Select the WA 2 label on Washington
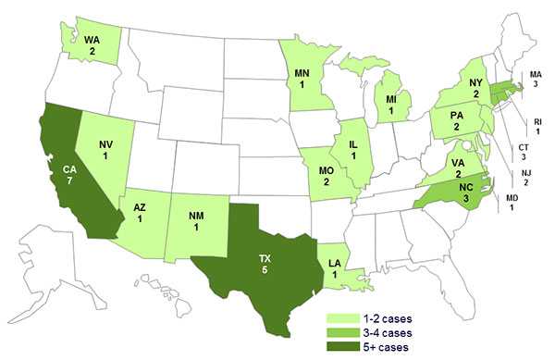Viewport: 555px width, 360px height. [x=92, y=45]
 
